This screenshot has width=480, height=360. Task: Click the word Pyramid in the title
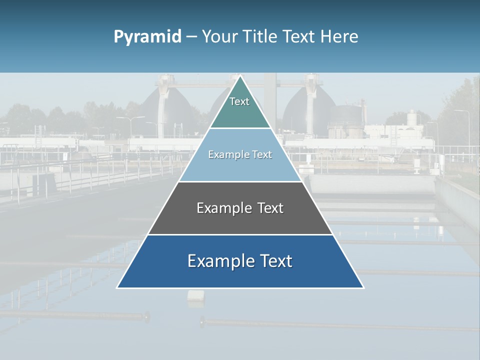click(147, 37)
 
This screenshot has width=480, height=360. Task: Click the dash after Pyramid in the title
click(191, 37)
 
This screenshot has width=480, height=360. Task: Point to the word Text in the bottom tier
click(275, 261)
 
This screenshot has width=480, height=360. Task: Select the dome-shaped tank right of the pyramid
click(302, 112)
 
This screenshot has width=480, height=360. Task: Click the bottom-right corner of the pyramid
click(363, 287)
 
